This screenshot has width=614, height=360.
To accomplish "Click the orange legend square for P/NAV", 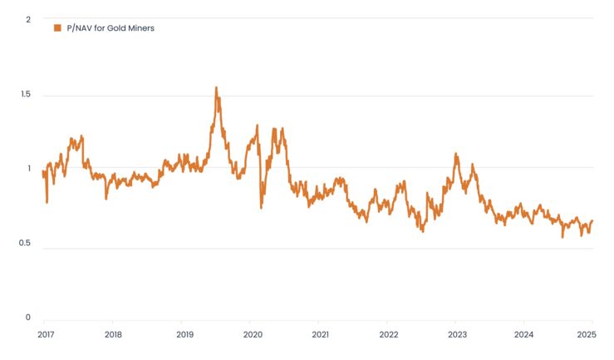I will (57, 28).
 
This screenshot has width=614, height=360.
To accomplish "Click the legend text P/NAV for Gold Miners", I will (111, 28).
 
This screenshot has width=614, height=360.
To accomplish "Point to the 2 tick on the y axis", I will (27, 18).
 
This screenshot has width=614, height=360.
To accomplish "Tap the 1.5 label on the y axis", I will (25, 95).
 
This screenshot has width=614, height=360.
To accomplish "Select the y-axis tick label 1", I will (28, 168).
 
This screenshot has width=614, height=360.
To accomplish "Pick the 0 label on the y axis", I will (27, 317).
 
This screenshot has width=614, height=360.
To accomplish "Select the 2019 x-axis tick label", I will (184, 335).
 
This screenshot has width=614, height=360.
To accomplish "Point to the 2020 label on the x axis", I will (253, 335).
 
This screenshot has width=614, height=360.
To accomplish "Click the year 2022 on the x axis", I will (389, 335).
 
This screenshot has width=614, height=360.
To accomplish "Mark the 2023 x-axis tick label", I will (457, 335).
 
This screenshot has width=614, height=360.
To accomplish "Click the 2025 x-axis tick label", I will (587, 335).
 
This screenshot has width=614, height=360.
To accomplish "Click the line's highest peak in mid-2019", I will (216, 87).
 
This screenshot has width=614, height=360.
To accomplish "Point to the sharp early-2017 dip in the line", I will (47, 202).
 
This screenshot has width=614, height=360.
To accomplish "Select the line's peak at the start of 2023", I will (455, 154).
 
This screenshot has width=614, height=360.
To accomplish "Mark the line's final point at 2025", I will (592, 221).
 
